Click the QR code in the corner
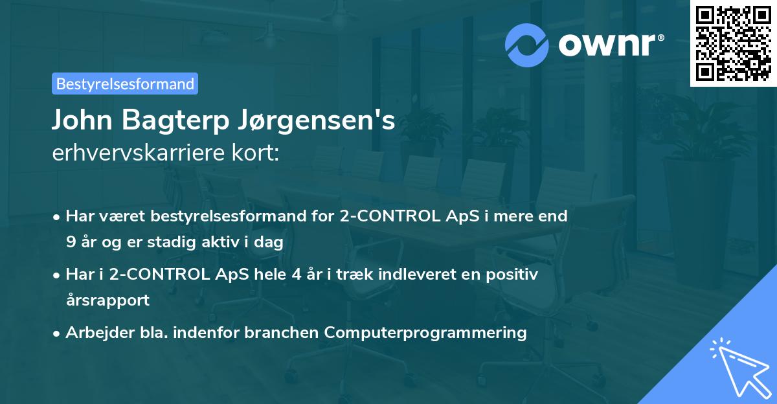coord(733,43)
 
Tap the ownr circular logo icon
coord(527,45)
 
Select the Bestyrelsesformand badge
coord(125,84)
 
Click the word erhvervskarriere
coord(133,153)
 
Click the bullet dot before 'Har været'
coord(58,217)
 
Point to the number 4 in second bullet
coord(296,275)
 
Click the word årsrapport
coord(107,300)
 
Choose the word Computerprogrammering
coord(425,333)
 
